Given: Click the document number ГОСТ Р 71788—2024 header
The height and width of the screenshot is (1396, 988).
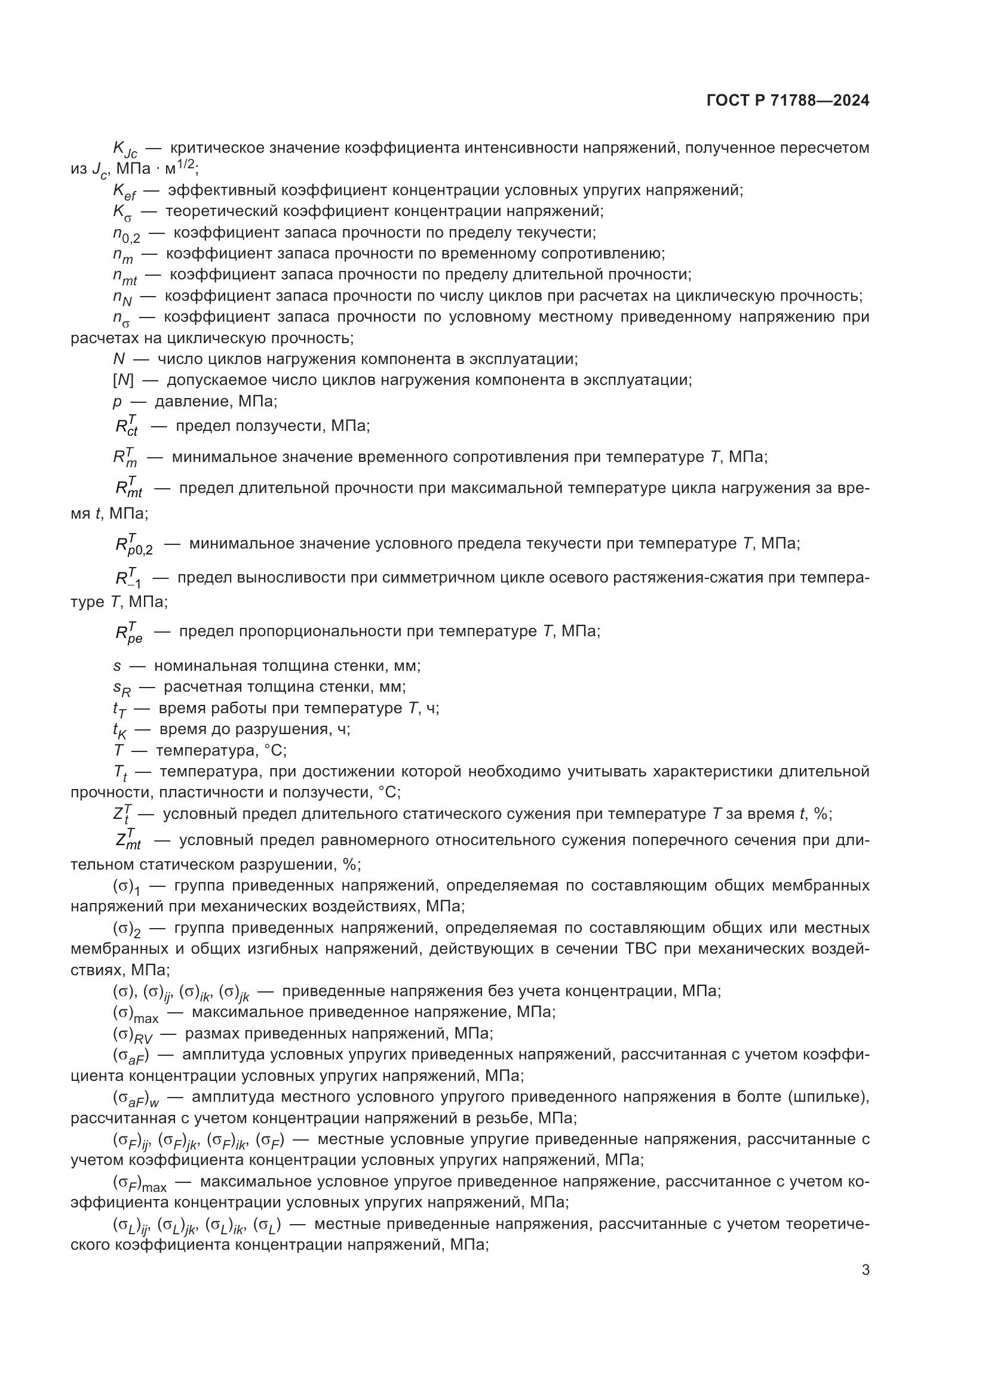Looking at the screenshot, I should coord(788,101).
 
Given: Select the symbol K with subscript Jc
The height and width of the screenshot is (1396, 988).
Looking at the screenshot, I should coord(125,150).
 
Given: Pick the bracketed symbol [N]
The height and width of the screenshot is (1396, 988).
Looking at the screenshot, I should coord(123,380).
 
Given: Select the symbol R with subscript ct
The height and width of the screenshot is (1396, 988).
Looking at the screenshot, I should coord(127,426).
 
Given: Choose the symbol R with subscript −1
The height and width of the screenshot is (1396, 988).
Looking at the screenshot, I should coord(128,578).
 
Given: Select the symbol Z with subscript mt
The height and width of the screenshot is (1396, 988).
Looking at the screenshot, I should coord(128,841).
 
